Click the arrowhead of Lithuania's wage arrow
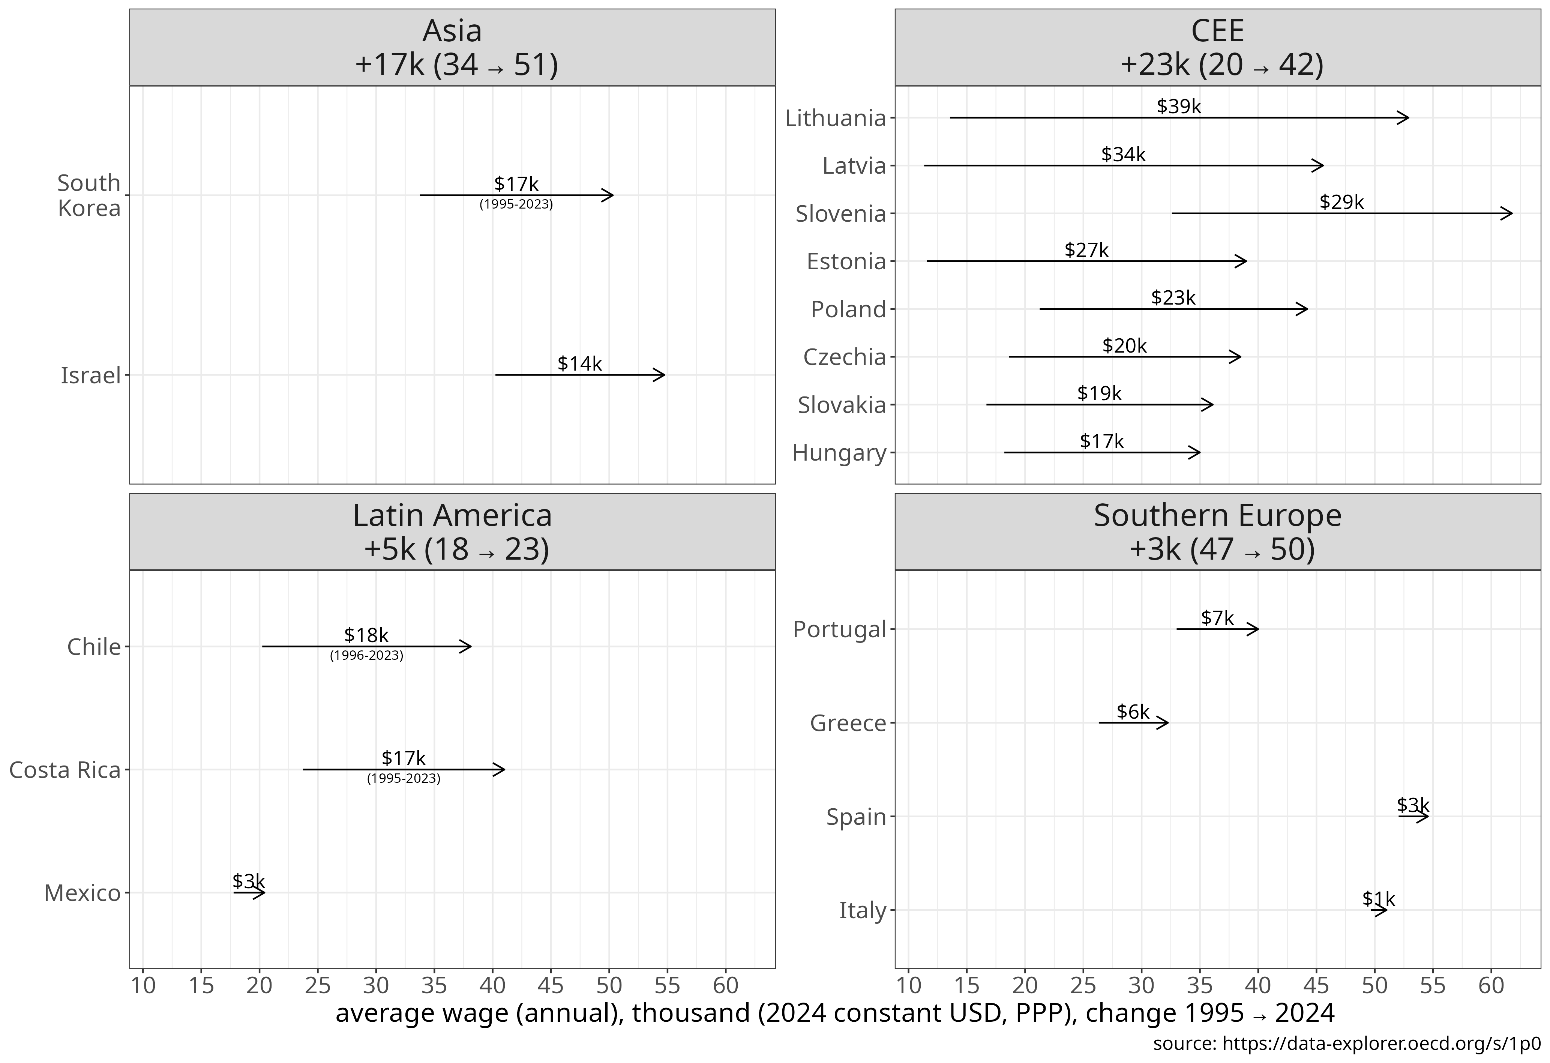(x=1406, y=118)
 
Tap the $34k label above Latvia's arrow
(x=1123, y=155)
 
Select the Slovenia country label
(x=840, y=214)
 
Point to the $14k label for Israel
(x=579, y=364)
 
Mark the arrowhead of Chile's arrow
(x=468, y=646)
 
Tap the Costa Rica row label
(x=65, y=770)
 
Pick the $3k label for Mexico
(x=249, y=881)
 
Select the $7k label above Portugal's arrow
(x=1217, y=618)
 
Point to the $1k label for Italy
(x=1378, y=899)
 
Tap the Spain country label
(x=856, y=817)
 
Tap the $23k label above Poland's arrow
(x=1173, y=298)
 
